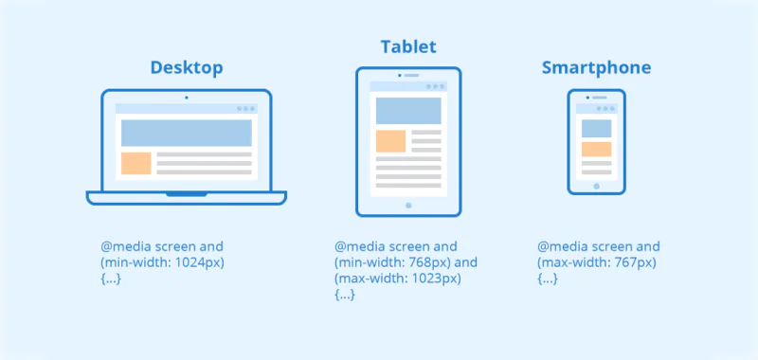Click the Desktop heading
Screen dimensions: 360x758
[187, 68]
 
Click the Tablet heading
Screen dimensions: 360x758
[408, 46]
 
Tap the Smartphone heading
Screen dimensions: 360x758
[596, 68]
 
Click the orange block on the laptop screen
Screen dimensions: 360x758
[136, 163]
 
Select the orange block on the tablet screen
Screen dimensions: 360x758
[390, 141]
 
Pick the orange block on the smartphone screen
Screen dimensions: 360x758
[596, 149]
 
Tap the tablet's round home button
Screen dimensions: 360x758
[408, 205]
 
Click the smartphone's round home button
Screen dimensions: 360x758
[596, 186]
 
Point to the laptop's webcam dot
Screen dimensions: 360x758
[186, 98]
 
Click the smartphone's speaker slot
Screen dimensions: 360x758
[598, 98]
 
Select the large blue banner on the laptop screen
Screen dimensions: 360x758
[186, 133]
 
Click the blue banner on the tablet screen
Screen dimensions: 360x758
[408, 110]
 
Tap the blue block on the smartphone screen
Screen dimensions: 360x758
[596, 128]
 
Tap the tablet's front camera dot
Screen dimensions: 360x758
[408, 75]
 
